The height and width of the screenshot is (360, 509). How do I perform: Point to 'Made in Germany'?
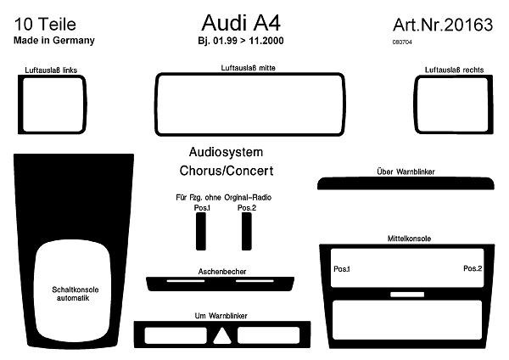(54, 40)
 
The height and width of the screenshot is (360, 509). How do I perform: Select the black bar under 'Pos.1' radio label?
(201, 229)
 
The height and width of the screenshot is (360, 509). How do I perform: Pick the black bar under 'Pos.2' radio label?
(246, 229)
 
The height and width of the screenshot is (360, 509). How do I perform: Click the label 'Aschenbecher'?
(220, 271)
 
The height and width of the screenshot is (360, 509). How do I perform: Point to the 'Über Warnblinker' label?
(406, 172)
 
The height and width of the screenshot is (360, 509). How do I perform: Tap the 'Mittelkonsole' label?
(409, 239)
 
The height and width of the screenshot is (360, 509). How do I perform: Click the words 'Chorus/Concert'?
(227, 171)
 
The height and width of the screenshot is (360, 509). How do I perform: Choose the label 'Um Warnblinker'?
(221, 315)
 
